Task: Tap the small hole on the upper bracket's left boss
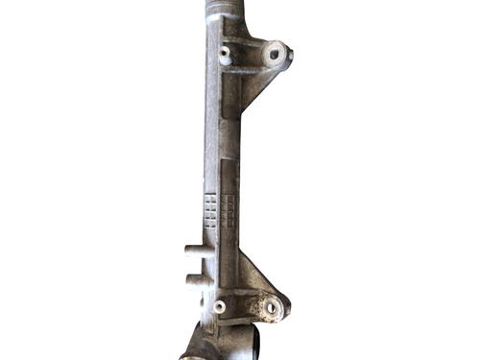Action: [225, 53]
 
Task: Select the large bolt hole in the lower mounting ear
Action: [272, 308]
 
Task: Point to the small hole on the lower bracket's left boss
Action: [221, 306]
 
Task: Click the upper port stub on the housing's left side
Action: [192, 252]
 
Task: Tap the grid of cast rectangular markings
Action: [220, 210]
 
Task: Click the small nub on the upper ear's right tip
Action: [290, 53]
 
